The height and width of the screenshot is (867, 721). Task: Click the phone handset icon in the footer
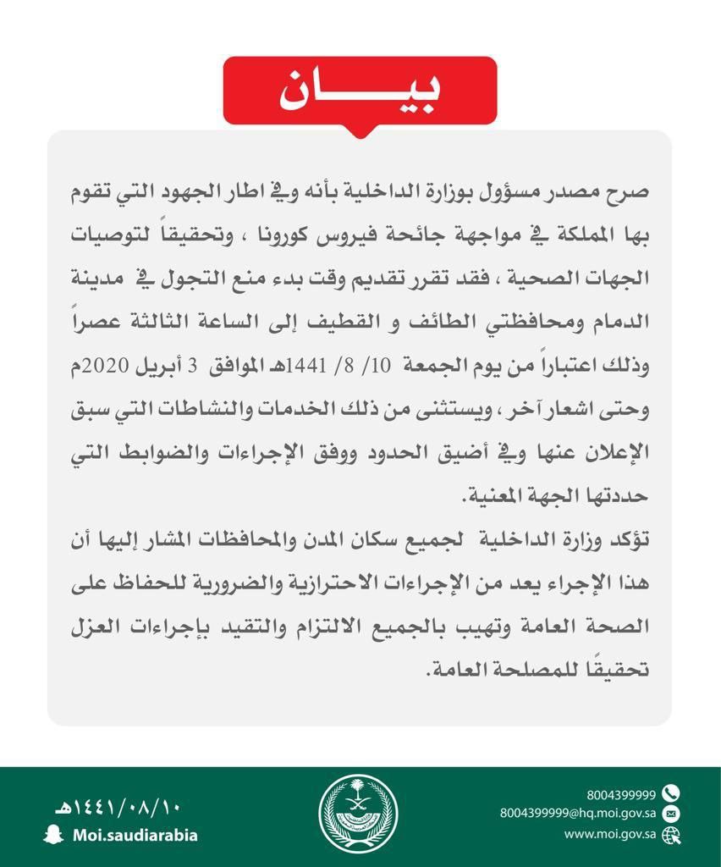click(671, 793)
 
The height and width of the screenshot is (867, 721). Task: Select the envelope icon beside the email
click(671, 814)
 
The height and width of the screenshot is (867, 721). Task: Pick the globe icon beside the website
click(671, 834)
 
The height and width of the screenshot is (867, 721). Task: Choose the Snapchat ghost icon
click(52, 834)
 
